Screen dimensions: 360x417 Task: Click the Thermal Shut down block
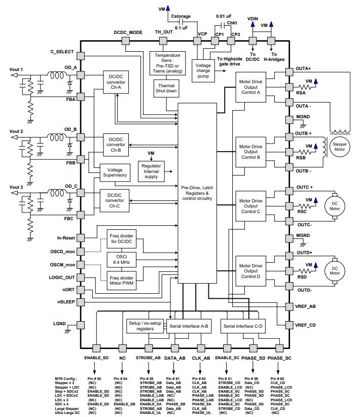point(166,88)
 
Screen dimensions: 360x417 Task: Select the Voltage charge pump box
point(203,71)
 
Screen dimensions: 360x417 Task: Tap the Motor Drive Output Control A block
point(250,87)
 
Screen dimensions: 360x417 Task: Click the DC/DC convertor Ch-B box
point(116,145)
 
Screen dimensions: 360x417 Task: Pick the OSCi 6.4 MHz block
point(122,260)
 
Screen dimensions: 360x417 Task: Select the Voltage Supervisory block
point(115,172)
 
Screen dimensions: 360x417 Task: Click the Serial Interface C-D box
point(243,326)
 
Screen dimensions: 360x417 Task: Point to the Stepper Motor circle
point(340,147)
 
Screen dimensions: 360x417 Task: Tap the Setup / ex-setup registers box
point(145,326)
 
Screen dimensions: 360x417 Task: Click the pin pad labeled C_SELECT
point(81,56)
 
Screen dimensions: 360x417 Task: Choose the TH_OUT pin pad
point(163,41)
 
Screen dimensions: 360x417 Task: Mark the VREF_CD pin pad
point(290,325)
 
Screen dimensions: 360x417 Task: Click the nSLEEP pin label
point(66,302)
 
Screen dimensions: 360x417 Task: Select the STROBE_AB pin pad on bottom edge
point(149,348)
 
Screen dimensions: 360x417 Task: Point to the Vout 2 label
point(16,131)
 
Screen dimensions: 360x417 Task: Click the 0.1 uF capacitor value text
point(182,28)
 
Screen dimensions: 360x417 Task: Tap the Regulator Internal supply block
point(151,171)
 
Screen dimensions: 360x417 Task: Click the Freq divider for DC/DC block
point(122,238)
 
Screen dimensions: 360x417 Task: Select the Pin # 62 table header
point(199,379)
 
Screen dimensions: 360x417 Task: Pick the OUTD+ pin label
point(304,253)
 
